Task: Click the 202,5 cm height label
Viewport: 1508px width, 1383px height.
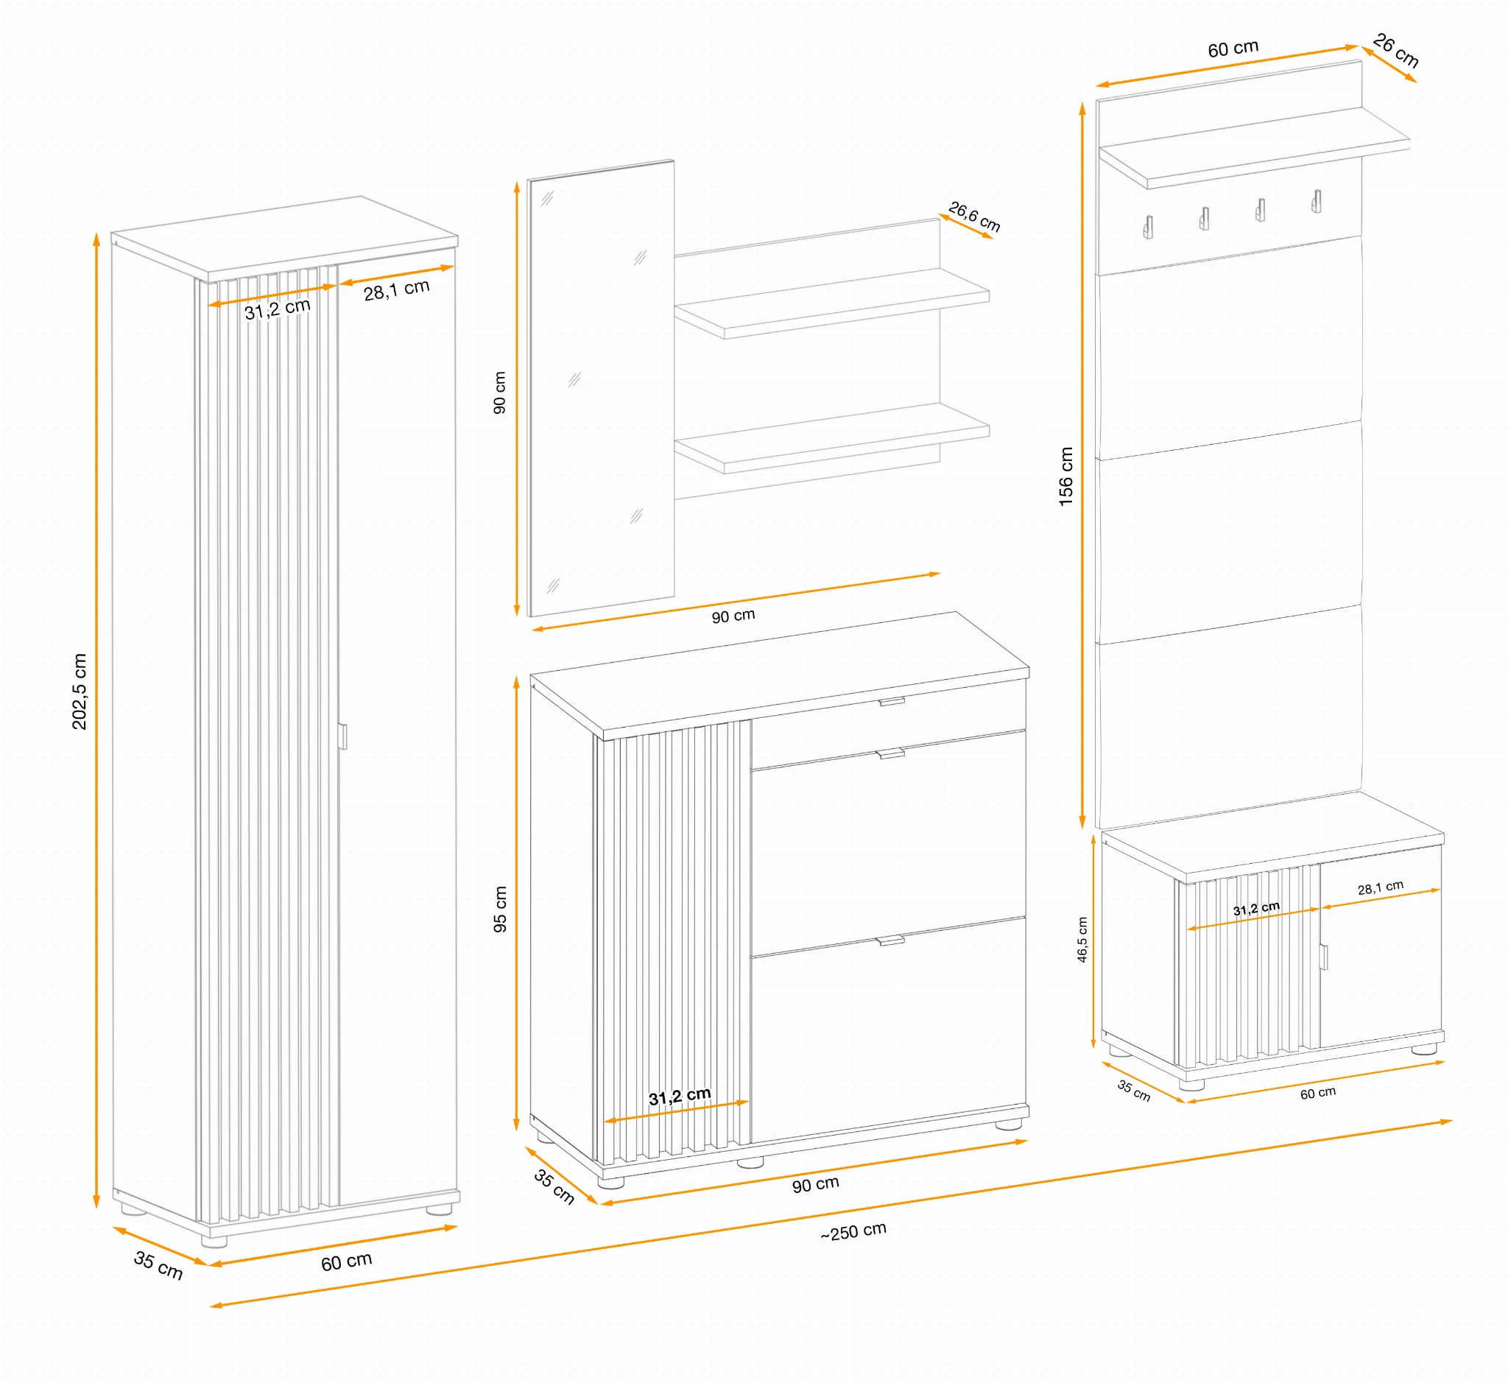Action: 80,691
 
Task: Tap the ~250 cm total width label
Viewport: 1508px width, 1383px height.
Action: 853,1232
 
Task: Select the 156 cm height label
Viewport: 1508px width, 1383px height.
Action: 1065,476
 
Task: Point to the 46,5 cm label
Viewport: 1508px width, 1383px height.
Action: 1082,939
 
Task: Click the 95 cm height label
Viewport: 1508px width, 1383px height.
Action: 500,909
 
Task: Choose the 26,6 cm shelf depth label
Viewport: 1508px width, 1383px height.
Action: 974,217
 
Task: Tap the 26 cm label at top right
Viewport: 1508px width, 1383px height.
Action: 1396,50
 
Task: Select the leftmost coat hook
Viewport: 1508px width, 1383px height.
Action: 1148,227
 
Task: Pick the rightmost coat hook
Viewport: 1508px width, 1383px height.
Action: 1317,201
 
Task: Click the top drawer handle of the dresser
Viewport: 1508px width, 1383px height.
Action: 892,701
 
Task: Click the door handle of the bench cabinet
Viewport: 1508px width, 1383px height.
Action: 1323,957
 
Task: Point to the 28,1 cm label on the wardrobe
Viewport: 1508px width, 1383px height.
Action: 397,289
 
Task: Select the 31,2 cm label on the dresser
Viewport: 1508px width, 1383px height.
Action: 680,1097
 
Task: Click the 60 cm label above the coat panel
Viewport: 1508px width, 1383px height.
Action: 1233,49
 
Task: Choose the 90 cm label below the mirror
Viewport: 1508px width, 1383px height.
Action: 733,616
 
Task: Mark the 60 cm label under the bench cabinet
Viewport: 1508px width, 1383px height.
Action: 1318,1094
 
